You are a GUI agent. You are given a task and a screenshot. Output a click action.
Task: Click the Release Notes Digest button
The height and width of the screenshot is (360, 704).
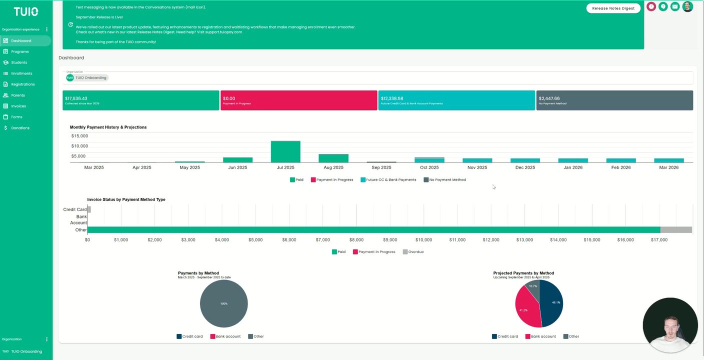(613, 8)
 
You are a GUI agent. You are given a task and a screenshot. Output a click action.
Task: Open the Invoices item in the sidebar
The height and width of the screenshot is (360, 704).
(18, 106)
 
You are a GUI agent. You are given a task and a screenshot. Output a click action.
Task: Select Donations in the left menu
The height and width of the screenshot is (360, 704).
(20, 128)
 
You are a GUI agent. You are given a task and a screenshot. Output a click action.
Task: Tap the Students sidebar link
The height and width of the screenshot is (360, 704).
(19, 62)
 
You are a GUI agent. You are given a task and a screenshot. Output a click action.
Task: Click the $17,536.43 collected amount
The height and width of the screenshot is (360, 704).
(76, 98)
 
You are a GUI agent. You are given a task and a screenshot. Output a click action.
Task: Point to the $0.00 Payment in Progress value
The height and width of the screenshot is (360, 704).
(229, 98)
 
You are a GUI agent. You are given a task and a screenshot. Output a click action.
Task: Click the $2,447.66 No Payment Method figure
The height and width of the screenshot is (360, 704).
(549, 98)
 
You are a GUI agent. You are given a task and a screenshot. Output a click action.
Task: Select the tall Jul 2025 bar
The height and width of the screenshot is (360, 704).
(285, 151)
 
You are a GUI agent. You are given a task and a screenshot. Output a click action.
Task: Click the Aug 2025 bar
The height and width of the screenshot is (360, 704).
(333, 158)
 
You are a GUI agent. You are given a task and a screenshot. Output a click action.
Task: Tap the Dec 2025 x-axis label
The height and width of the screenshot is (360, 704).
(525, 167)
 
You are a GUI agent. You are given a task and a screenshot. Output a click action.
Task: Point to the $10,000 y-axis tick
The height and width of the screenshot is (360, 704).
(79, 146)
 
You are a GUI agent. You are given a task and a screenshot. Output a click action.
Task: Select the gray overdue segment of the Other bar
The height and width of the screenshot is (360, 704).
(676, 230)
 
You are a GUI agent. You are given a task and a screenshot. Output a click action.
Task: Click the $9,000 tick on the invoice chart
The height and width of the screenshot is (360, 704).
(390, 240)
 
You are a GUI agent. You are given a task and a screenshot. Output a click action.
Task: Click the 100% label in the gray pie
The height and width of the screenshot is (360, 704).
(224, 303)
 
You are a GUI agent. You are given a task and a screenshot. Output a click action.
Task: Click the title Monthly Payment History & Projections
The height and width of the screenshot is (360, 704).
(108, 127)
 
